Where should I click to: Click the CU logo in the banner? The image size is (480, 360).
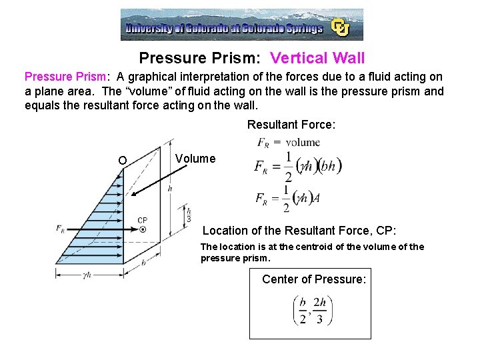[x=341, y=27]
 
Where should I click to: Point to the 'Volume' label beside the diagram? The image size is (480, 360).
[x=195, y=159]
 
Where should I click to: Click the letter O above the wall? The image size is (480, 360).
[x=121, y=160]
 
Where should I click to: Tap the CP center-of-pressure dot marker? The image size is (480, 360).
[x=143, y=229]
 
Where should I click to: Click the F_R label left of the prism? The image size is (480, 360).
[x=61, y=229]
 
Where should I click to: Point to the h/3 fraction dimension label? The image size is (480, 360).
[x=189, y=214]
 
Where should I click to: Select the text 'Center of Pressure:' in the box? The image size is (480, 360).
[x=314, y=279]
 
